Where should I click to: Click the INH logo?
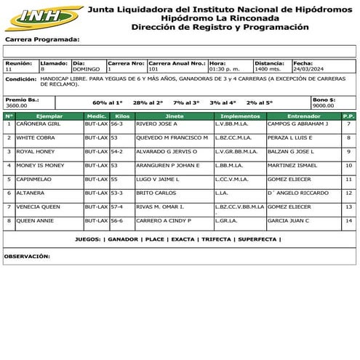43,16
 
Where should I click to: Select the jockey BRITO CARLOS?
156,193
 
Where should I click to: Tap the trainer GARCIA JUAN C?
288,220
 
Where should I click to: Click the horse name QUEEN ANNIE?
35,220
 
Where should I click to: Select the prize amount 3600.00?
17,105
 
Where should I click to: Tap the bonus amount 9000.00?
324,105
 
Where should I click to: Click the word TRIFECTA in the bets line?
216,239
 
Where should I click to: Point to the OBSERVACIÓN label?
27,256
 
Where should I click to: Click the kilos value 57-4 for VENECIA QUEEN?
117,207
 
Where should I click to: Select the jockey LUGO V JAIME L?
158,179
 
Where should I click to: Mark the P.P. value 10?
349,165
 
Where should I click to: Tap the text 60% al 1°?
108,103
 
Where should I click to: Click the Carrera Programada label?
42,39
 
